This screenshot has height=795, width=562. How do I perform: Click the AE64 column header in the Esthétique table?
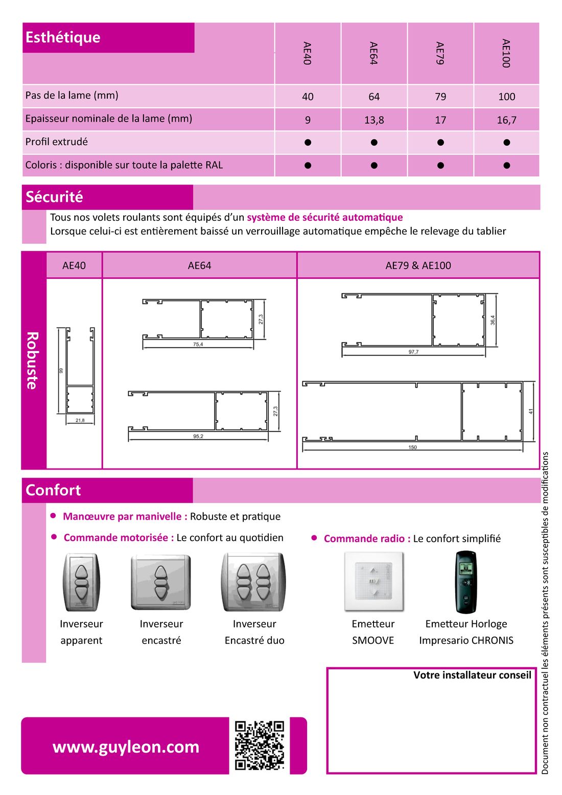(373, 53)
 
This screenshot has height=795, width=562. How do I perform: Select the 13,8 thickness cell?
(374, 120)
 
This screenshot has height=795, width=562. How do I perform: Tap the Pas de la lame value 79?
(440, 97)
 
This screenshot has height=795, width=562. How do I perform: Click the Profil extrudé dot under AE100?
(506, 143)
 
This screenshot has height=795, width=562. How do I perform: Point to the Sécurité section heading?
(54, 197)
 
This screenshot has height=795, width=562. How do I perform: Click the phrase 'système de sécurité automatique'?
(325, 217)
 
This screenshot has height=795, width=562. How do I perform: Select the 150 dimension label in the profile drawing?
(412, 448)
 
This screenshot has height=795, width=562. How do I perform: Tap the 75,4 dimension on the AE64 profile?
(198, 345)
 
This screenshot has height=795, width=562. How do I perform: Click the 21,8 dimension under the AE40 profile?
(80, 420)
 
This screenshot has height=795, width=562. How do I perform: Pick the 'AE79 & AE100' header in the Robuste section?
(418, 266)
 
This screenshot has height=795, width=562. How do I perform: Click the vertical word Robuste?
(32, 360)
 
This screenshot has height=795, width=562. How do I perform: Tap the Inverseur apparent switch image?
(81, 582)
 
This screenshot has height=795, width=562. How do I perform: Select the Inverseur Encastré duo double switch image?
(253, 582)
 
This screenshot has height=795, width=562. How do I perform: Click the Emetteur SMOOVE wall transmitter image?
(373, 581)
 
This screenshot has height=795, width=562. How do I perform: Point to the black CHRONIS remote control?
(465, 582)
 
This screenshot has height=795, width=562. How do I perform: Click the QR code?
(259, 745)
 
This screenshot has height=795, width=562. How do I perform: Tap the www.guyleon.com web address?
(126, 747)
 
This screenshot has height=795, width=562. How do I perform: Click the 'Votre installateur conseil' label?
(472, 675)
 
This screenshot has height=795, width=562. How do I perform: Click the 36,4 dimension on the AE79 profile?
(493, 320)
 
